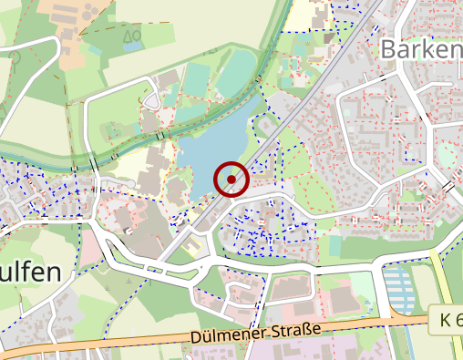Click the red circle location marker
(231, 179)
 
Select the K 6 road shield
(447, 321)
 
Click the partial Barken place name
(420, 49)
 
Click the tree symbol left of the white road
(15, 57)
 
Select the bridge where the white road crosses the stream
(94, 165)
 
